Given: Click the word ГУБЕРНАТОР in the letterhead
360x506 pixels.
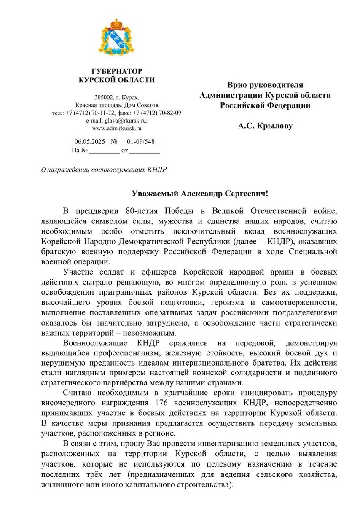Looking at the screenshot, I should click(x=117, y=71).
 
